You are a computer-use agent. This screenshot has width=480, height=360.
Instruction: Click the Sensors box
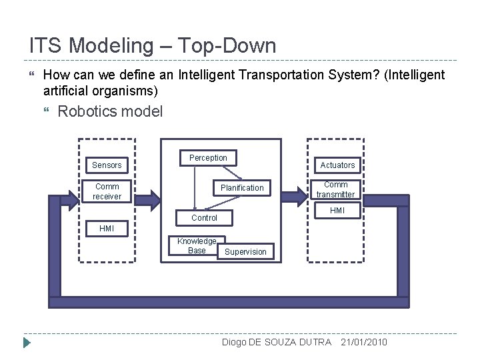[107, 165]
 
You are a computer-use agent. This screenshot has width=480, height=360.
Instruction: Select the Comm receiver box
[107, 192]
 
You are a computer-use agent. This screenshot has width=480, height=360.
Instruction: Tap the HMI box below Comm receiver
[107, 229]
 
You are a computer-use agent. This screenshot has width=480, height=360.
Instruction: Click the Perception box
[208, 158]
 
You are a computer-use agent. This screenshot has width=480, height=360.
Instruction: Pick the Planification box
[242, 188]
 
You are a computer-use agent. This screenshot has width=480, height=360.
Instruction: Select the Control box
[204, 218]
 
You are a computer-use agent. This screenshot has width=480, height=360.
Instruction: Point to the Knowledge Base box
[197, 246]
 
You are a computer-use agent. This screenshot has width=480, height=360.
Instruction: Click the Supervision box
[245, 252]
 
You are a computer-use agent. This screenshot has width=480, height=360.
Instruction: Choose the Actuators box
[337, 165]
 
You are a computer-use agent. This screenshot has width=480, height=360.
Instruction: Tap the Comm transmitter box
[335, 190]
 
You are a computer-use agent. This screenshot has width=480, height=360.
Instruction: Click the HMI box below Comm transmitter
[337, 211]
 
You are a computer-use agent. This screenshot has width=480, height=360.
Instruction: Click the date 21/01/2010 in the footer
[363, 342]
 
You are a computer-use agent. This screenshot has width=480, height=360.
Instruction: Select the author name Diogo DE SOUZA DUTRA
[276, 342]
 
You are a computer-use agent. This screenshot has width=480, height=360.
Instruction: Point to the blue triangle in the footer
[26, 343]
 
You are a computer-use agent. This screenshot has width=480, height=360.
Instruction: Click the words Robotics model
[110, 111]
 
